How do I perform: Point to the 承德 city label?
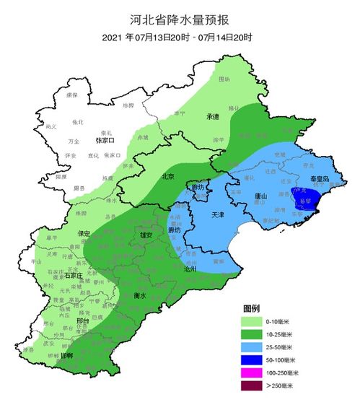[212, 117]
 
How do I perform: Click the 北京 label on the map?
[167, 176]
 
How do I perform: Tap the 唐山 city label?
[261, 196]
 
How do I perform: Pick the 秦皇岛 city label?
[315, 178]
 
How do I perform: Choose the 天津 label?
[217, 215]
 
